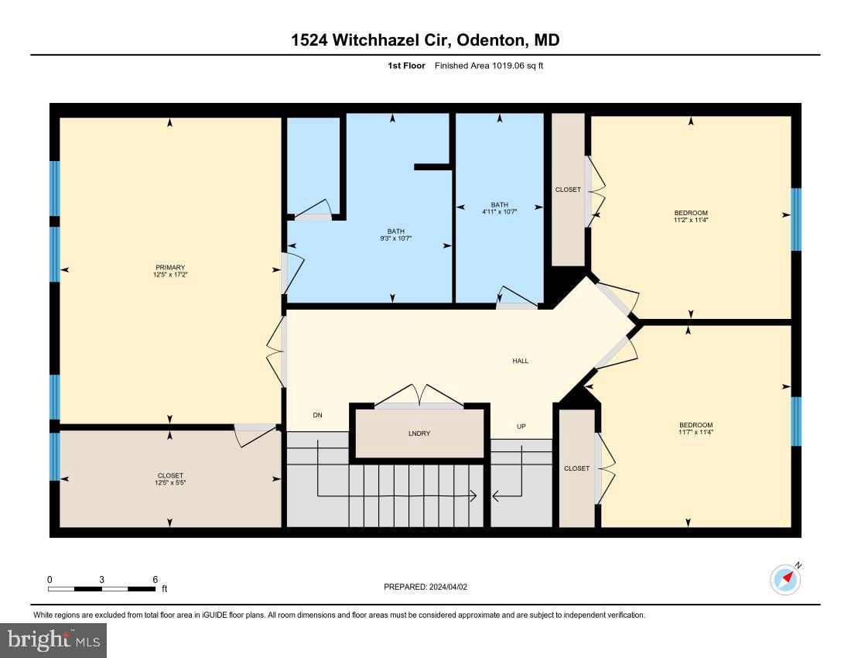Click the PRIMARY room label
tap(169, 267)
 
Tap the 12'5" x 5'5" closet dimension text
tap(169, 483)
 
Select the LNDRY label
tap(419, 434)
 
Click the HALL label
tap(521, 361)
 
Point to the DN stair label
tap(317, 416)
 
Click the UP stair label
tap(521, 427)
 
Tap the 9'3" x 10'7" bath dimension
tap(396, 238)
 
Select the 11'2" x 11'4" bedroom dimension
tap(691, 220)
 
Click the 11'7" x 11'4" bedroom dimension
tap(695, 432)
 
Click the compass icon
tap(785, 579)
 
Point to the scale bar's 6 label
tap(155, 579)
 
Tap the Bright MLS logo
tap(53, 640)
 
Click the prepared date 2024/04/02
tap(447, 587)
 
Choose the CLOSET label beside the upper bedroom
tap(568, 190)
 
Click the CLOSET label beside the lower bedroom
tap(576, 468)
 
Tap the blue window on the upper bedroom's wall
tap(796, 219)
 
